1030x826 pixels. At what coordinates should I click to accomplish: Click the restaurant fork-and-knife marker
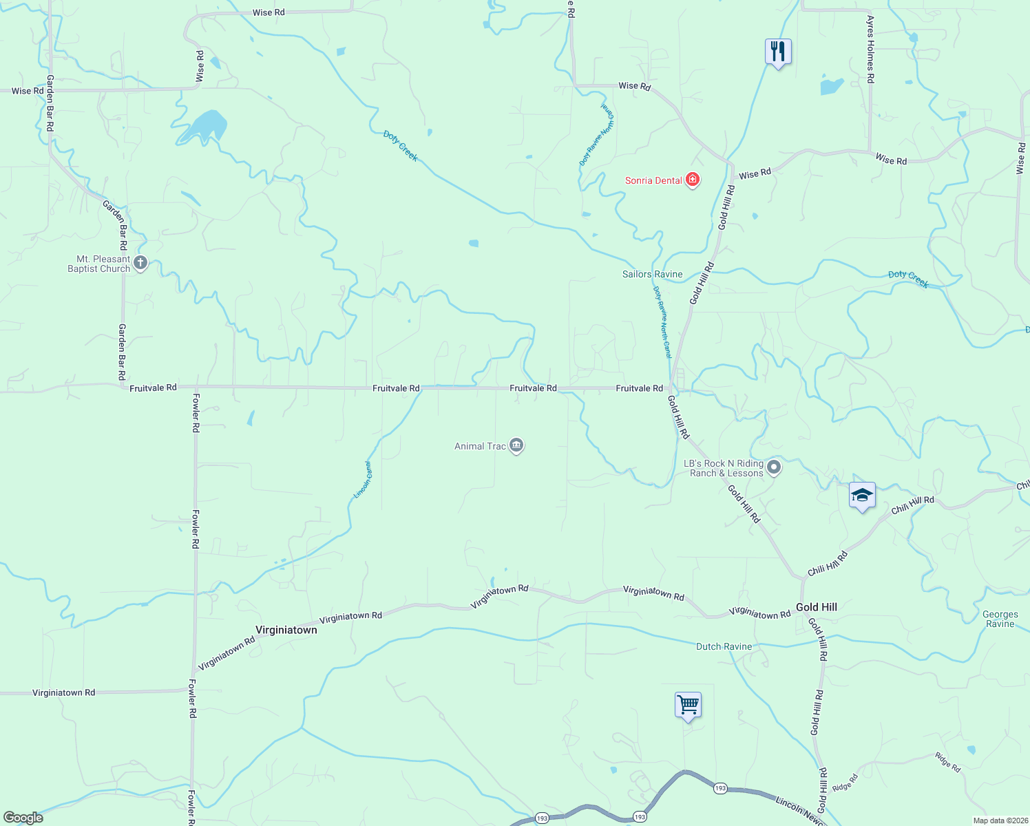pos(778,52)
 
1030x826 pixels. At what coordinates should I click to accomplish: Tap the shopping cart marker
pos(688,705)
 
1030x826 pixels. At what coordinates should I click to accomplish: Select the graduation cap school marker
pos(862,495)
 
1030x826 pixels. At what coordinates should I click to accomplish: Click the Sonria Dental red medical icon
pos(693,180)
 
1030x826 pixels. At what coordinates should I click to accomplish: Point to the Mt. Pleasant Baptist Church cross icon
pos(140,263)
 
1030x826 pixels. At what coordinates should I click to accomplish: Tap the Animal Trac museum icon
pos(516,446)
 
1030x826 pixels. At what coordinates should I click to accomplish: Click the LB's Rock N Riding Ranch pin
pos(774,468)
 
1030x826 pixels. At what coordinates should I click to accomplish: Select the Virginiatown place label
pos(286,630)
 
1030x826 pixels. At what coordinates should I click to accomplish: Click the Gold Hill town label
pos(817,607)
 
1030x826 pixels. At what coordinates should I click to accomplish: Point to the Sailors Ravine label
pos(652,274)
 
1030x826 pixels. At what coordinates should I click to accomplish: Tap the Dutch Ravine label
pos(724,646)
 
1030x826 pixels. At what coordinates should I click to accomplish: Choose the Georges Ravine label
pos(1000,619)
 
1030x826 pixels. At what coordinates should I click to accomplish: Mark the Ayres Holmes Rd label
pos(870,50)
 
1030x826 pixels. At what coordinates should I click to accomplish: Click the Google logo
pos(23,818)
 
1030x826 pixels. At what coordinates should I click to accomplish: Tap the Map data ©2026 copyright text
pos(999,820)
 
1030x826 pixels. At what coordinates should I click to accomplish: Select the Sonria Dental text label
pos(653,180)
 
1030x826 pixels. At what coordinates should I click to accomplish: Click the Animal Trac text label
pos(480,446)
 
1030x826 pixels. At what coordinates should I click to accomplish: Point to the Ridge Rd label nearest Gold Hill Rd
pos(845,783)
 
